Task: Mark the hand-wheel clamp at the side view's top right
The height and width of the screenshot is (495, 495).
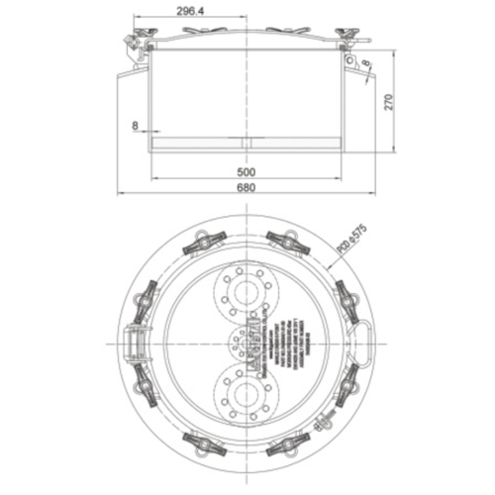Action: point(347,37)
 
